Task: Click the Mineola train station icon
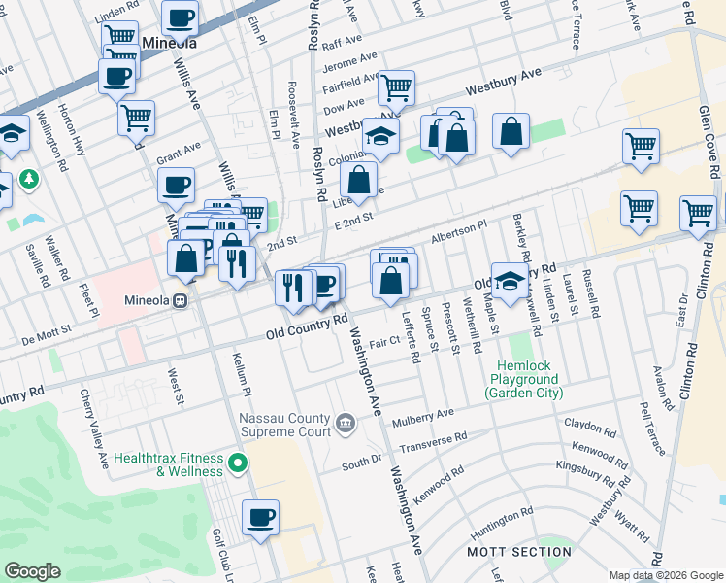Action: coord(180,300)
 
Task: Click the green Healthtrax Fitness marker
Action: coord(234,463)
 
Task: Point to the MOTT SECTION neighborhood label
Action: coord(519,552)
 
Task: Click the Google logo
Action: coord(33,571)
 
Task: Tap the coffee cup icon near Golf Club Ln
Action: coord(260,517)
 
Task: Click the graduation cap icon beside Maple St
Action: coord(509,281)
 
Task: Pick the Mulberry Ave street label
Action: coord(423,418)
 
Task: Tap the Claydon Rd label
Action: coord(590,427)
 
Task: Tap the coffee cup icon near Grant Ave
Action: coord(176,184)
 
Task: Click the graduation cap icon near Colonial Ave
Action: coord(380,136)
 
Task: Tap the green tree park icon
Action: coord(30,180)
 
